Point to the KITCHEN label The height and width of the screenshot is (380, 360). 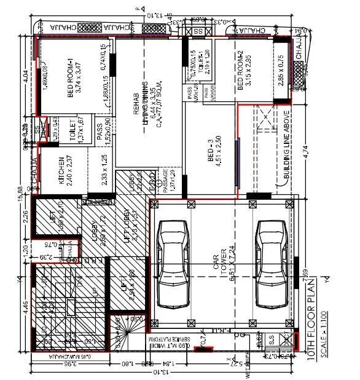point(61,171)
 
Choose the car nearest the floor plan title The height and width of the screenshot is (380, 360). point(271,263)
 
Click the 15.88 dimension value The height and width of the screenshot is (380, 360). point(20,193)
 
